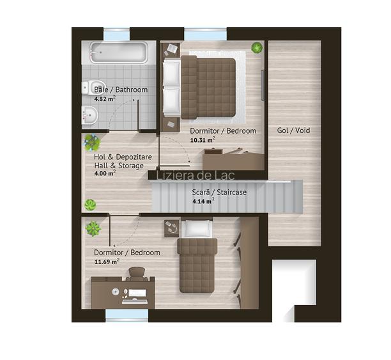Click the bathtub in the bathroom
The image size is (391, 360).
tap(119, 52)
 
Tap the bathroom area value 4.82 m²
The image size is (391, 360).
tap(105, 99)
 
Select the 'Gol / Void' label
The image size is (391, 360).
tap(293, 130)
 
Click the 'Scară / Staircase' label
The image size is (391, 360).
tap(219, 192)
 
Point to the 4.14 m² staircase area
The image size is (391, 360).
tap(203, 201)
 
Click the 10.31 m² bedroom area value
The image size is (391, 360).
tap(203, 140)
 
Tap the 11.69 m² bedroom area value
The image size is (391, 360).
tap(107, 262)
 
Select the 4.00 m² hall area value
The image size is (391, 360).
tap(105, 173)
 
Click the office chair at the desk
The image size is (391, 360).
tap(137, 274)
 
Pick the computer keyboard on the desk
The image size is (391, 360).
tap(135, 302)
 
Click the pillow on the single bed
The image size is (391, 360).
tap(197, 228)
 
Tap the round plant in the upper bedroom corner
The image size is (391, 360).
tap(257, 47)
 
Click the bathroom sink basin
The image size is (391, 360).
tap(89, 115)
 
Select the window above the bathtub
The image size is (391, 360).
tap(116, 35)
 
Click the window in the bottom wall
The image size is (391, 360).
tap(126, 316)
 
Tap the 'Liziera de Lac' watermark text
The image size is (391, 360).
tap(195, 175)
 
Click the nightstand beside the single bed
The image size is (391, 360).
tap(172, 228)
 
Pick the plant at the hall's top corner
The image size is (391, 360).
tap(92, 143)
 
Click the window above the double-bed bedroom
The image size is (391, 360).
tap(206, 35)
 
